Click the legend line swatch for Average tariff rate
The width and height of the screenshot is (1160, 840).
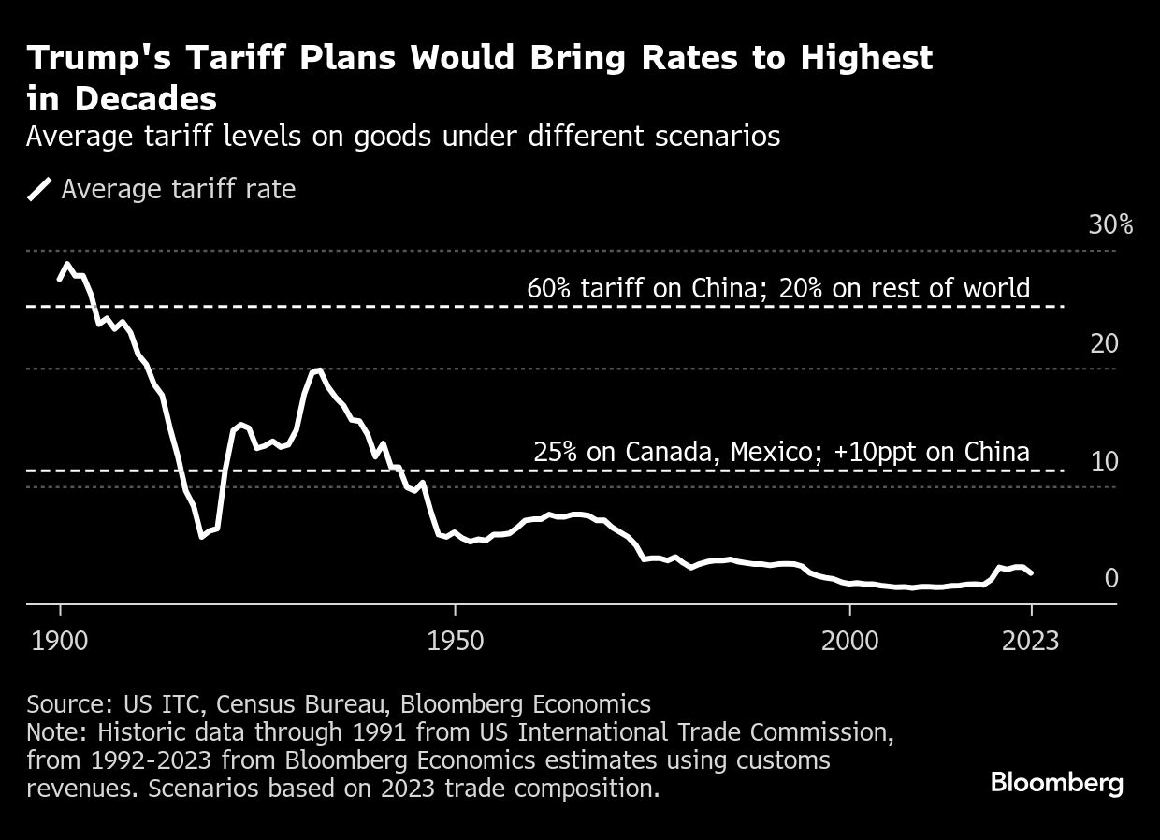coord(39,190)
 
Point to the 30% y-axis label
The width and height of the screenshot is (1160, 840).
coord(1110,225)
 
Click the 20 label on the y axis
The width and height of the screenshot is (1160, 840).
coord(1104,344)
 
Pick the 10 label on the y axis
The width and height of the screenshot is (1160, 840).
coord(1104,462)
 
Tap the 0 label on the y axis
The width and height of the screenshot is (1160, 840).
coord(1111,579)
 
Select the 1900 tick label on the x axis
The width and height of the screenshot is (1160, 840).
coord(61,641)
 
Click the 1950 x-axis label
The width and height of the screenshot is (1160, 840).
coord(455,641)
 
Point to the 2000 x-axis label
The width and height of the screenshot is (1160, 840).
coord(849,641)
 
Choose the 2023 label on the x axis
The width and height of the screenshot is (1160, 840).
coord(1031,641)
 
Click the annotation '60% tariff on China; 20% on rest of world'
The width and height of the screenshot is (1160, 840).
coord(778,288)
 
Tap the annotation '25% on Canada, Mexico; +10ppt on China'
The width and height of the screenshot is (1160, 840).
coord(781,453)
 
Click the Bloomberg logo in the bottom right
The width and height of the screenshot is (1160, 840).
coord(1057,782)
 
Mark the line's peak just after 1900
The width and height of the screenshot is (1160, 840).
coord(66,265)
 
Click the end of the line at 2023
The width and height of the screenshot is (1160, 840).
coord(1031,572)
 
